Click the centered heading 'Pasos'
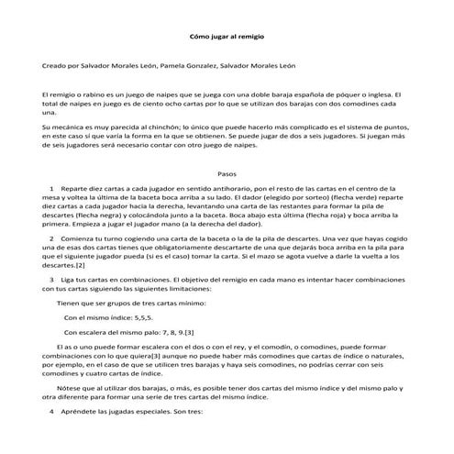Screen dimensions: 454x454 click(x=227, y=172)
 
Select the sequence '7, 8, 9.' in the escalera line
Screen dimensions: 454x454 click(x=165, y=330)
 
